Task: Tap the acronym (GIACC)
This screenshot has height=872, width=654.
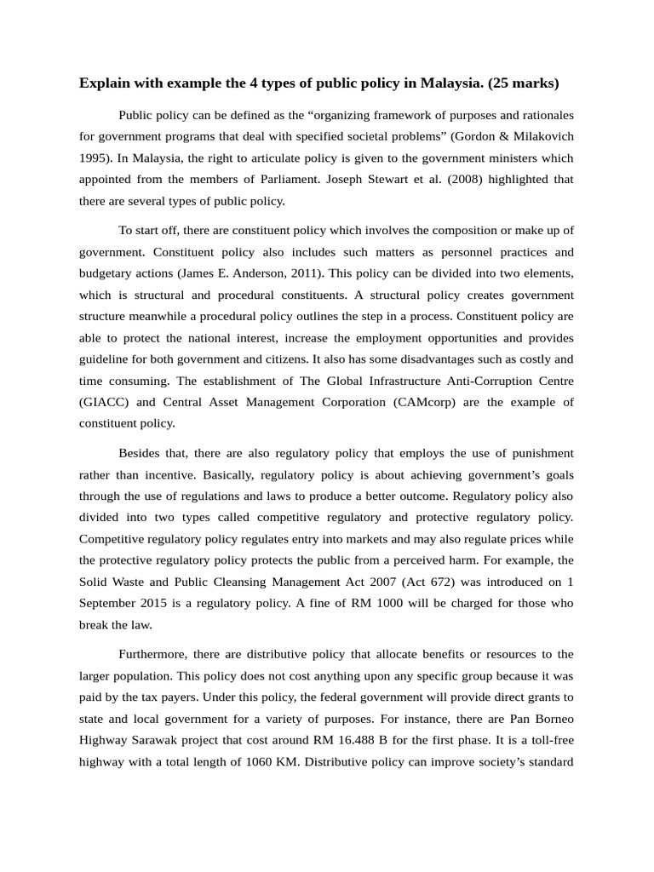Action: (x=106, y=402)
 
